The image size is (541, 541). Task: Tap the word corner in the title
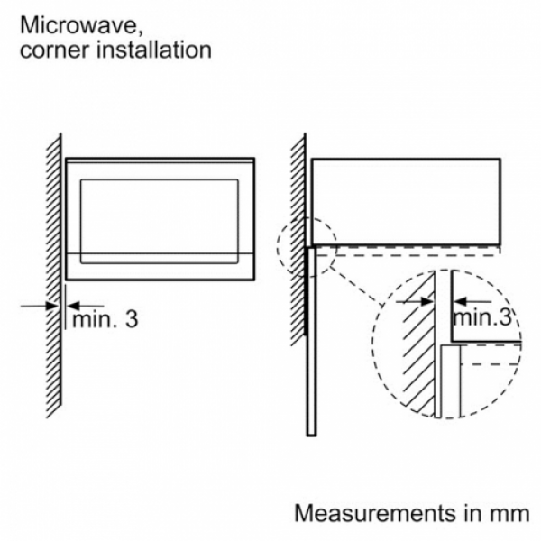point(55,50)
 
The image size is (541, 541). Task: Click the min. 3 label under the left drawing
point(105,319)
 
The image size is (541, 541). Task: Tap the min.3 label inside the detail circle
point(481,317)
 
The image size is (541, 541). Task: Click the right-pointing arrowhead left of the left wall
point(52,306)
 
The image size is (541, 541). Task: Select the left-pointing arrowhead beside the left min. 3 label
point(74,306)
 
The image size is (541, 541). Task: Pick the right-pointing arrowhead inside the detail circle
point(427,301)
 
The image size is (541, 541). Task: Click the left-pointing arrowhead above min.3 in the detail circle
point(461,301)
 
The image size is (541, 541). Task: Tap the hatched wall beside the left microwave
point(54,276)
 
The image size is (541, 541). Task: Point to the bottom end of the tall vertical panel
point(311,436)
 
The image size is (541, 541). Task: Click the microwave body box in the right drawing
point(406,159)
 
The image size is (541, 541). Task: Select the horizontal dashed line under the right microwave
point(408,256)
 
